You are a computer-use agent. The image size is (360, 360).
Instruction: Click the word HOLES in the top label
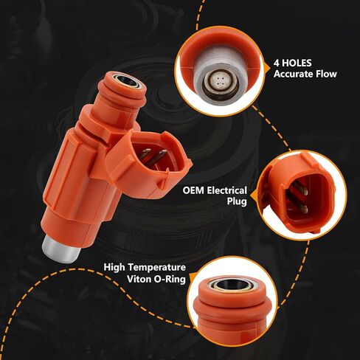click(x=297, y=63)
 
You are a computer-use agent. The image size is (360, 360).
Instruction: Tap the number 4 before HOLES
click(x=277, y=63)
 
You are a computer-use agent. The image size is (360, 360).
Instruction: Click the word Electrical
click(x=226, y=190)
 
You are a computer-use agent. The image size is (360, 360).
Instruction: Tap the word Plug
click(x=237, y=201)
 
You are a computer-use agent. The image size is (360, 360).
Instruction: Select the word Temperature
click(x=156, y=267)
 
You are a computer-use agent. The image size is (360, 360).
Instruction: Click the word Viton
click(x=139, y=279)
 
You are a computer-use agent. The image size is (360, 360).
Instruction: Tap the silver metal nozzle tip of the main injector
click(x=60, y=249)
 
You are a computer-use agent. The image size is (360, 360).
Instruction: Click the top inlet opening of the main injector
click(x=127, y=82)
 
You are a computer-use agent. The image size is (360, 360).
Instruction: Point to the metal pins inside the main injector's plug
click(x=151, y=159)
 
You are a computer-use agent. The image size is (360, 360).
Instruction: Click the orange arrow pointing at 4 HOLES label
click(x=267, y=68)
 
